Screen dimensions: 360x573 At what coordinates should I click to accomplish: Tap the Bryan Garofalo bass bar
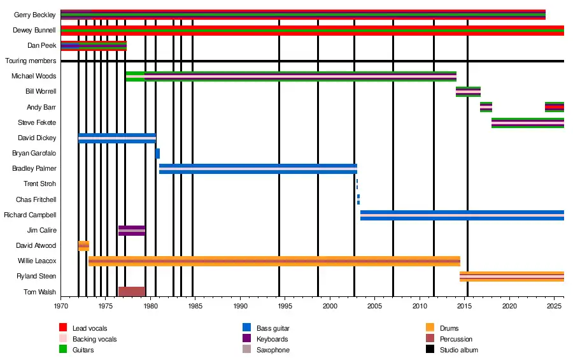(157, 154)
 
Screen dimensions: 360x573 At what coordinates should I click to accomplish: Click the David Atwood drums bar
(83, 246)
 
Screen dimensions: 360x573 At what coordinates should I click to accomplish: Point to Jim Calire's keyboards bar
(131, 231)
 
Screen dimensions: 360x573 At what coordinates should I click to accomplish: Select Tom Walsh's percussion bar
(131, 292)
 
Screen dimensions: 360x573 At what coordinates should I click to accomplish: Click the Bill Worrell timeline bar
(468, 92)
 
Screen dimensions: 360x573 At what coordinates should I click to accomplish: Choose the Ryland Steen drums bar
(511, 277)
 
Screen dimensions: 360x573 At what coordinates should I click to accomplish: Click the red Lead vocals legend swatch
(63, 328)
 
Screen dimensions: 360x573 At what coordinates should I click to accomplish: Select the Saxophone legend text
(273, 350)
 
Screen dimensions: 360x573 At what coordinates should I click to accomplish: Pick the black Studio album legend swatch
(430, 350)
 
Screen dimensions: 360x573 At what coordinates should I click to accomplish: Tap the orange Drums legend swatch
(430, 328)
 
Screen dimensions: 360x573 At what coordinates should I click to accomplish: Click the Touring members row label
(31, 61)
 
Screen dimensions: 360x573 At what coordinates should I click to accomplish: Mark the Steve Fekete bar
(527, 123)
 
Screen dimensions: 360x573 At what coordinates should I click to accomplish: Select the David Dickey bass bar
(117, 138)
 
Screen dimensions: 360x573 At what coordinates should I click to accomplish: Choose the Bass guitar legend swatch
(246, 328)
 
